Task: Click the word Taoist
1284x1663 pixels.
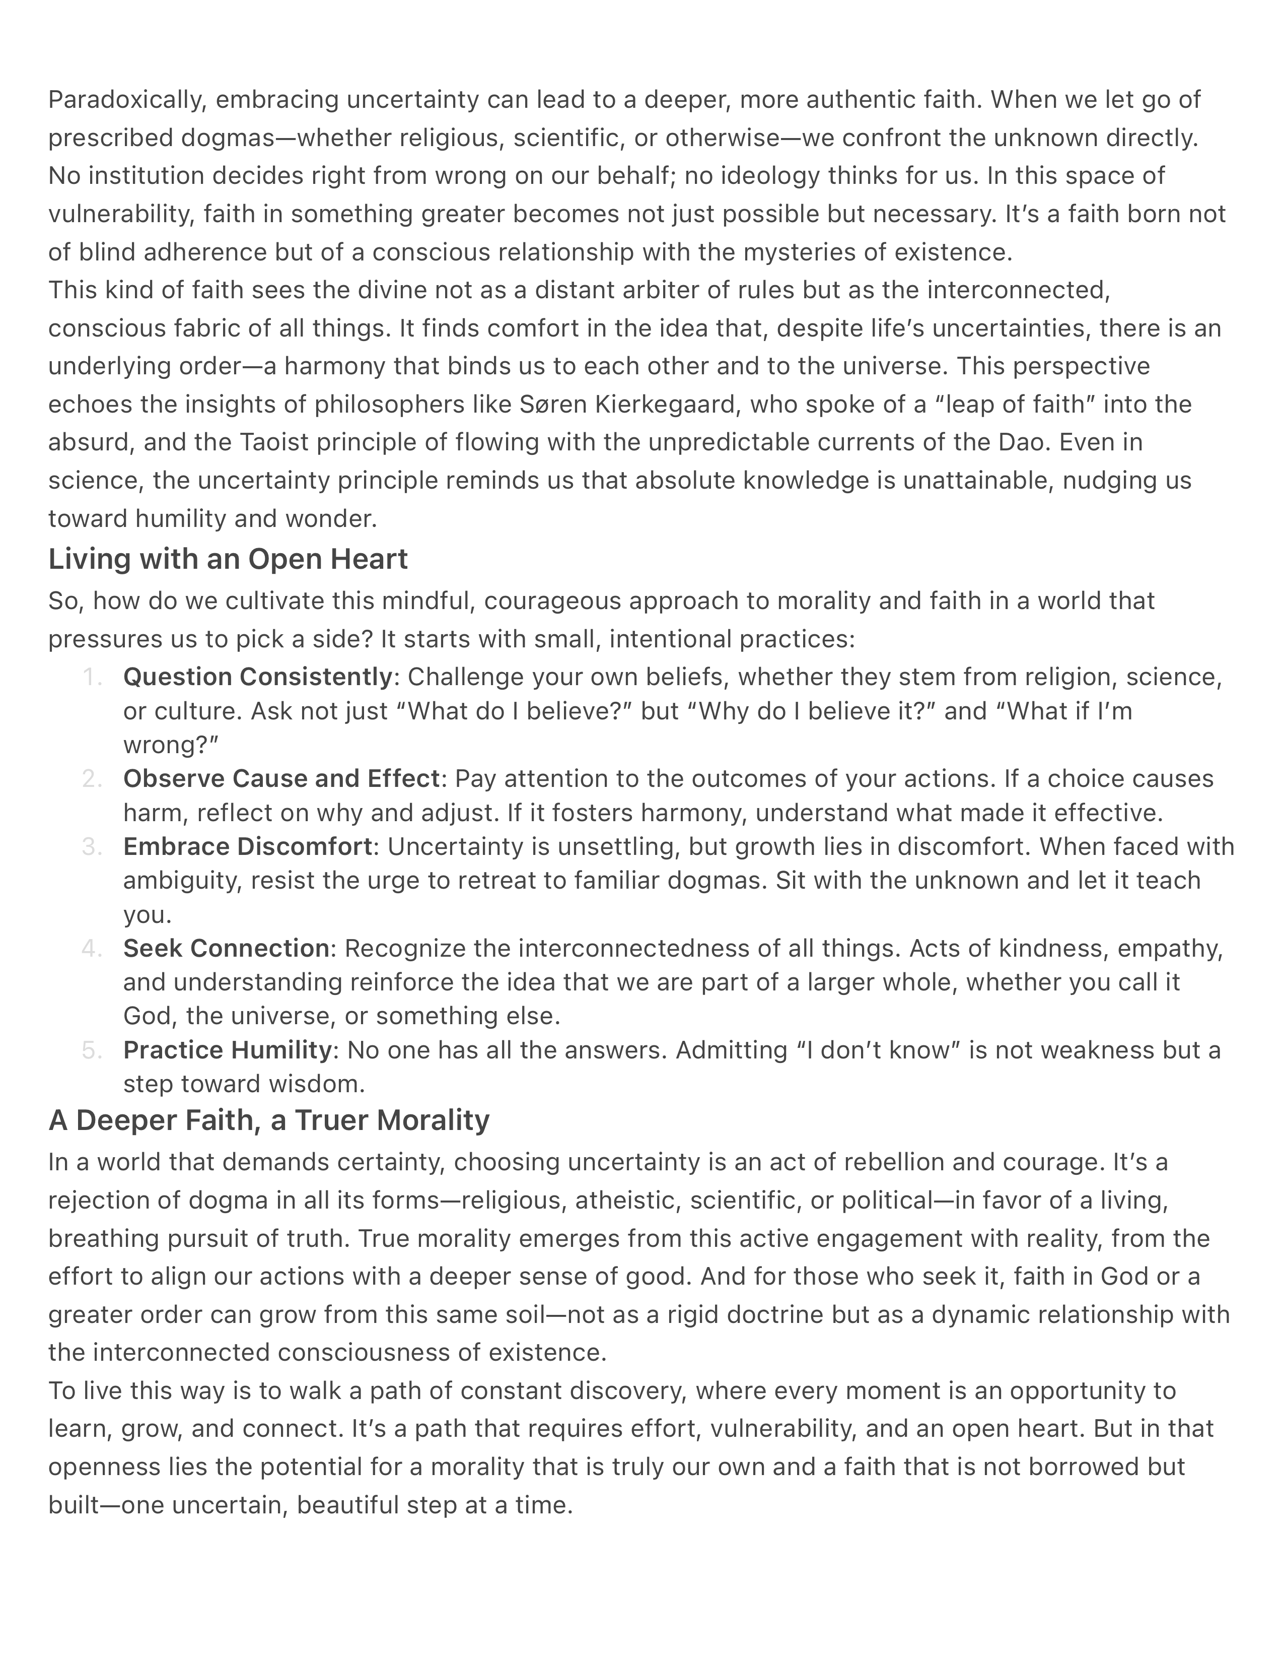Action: click(x=274, y=442)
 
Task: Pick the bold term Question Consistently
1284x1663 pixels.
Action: click(x=257, y=677)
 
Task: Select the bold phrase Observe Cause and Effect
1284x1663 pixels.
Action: click(x=281, y=779)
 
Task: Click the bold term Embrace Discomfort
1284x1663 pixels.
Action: click(x=247, y=847)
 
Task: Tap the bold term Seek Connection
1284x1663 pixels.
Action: click(x=226, y=949)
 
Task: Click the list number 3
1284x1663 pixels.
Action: click(x=91, y=847)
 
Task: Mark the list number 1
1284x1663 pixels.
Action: click(x=91, y=677)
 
